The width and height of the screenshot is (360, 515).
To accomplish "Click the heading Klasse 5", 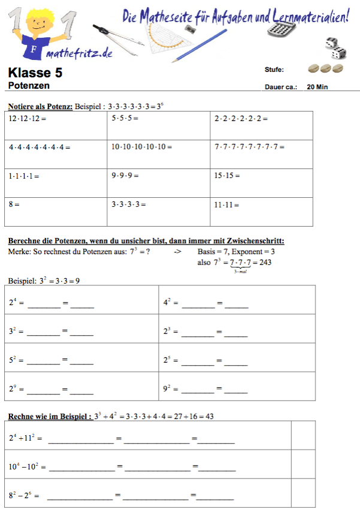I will click(35, 73).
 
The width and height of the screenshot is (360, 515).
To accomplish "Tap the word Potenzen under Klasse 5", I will click(29, 86).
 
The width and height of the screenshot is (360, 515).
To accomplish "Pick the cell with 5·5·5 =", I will click(159, 125).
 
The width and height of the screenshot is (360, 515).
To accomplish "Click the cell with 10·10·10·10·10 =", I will click(159, 154).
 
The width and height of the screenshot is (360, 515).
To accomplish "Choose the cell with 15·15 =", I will click(262, 183).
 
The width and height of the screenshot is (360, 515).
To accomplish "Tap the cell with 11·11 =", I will click(262, 212).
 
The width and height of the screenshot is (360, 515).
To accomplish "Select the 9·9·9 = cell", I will click(159, 183).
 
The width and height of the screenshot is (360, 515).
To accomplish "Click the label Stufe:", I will click(274, 70).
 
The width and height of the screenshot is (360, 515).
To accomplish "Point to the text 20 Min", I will click(317, 87).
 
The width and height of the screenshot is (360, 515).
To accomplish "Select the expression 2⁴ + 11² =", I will click(25, 438).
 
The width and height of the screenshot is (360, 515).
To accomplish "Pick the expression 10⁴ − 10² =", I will click(27, 466).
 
